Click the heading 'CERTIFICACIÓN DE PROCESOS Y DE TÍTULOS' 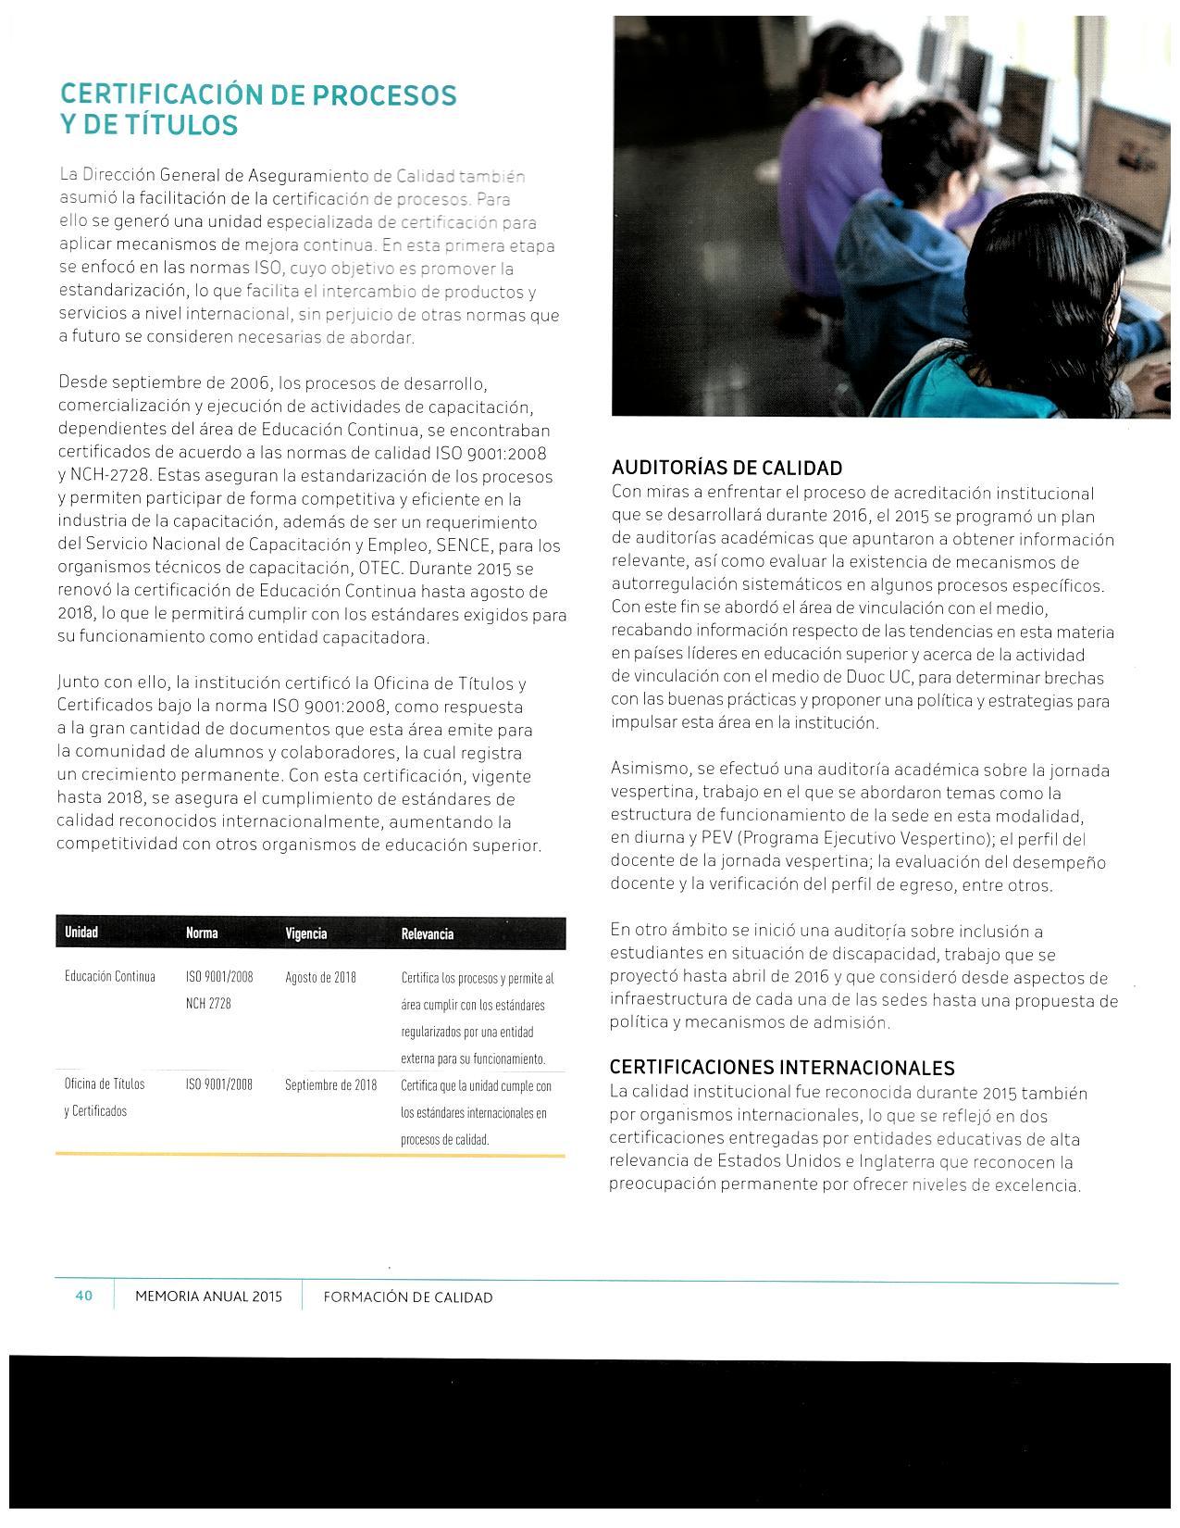[257, 109]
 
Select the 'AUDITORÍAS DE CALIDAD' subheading [727, 468]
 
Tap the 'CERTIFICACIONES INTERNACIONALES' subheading [782, 1068]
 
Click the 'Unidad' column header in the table [81, 933]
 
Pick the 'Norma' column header [202, 933]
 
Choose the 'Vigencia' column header [306, 933]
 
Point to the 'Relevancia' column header [428, 933]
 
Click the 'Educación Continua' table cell [110, 977]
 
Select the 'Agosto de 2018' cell [321, 977]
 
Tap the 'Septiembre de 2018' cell [331, 1084]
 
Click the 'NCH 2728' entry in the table [208, 1004]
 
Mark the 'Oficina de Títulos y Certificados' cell [105, 1097]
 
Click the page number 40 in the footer [84, 1296]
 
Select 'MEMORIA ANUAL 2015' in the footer [208, 1297]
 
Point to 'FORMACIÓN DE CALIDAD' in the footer [408, 1297]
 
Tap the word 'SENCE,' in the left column [474, 545]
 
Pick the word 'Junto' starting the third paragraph [77, 683]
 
